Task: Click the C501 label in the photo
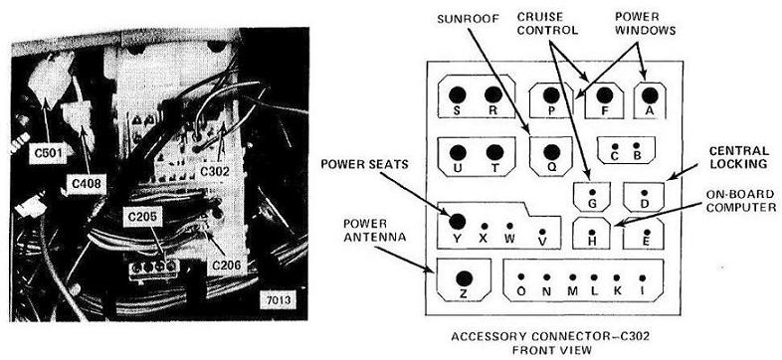(48, 154)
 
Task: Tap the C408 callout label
(87, 184)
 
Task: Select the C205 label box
(142, 217)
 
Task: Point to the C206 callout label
(227, 266)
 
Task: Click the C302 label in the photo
(215, 171)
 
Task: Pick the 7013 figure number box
(279, 300)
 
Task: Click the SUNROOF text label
(461, 19)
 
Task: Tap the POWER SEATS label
(363, 163)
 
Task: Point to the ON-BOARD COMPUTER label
(742, 201)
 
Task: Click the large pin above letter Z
(464, 278)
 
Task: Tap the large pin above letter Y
(458, 222)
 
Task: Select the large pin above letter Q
(551, 152)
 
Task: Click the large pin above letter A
(649, 94)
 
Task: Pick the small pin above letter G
(592, 193)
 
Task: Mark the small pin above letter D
(644, 193)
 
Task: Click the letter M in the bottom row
(572, 291)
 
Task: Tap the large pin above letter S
(457, 94)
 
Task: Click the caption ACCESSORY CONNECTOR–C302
(550, 336)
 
